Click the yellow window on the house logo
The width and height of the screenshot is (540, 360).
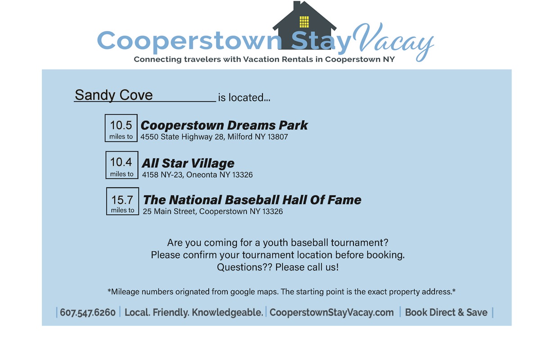click(304, 22)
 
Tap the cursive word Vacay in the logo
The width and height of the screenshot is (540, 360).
click(393, 41)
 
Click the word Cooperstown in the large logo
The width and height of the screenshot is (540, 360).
click(189, 41)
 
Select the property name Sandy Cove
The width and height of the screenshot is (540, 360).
click(113, 95)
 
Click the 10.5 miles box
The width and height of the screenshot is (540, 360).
click(121, 128)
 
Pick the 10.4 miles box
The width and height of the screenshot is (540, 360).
click(122, 165)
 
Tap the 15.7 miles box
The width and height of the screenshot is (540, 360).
click(122, 201)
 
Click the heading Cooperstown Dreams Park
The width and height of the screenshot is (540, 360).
click(224, 126)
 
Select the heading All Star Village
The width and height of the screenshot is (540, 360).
click(188, 163)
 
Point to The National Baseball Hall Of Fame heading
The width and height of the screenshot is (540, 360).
click(252, 200)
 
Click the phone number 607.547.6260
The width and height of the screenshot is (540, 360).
click(88, 312)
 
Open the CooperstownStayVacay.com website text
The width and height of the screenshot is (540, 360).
click(332, 312)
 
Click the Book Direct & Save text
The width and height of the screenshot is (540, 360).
click(446, 312)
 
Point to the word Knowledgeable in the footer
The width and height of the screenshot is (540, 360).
click(227, 312)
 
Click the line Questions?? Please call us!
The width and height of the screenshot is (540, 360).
click(278, 267)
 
